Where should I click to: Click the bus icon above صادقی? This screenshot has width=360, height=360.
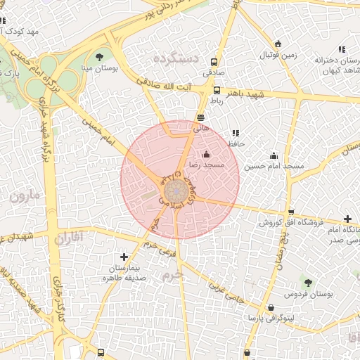(214, 61)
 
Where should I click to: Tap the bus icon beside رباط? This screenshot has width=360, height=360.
(217, 90)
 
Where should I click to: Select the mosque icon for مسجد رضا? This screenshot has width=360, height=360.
(206, 154)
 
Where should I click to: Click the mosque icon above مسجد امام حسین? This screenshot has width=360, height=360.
(274, 155)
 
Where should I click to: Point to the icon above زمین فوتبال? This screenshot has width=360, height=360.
(278, 44)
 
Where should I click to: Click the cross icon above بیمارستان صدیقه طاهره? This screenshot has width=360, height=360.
(124, 257)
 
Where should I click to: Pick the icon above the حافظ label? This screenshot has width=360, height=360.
(235, 132)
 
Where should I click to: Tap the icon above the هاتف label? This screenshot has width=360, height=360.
(201, 117)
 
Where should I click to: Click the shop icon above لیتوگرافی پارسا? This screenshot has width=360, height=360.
(271, 308)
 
